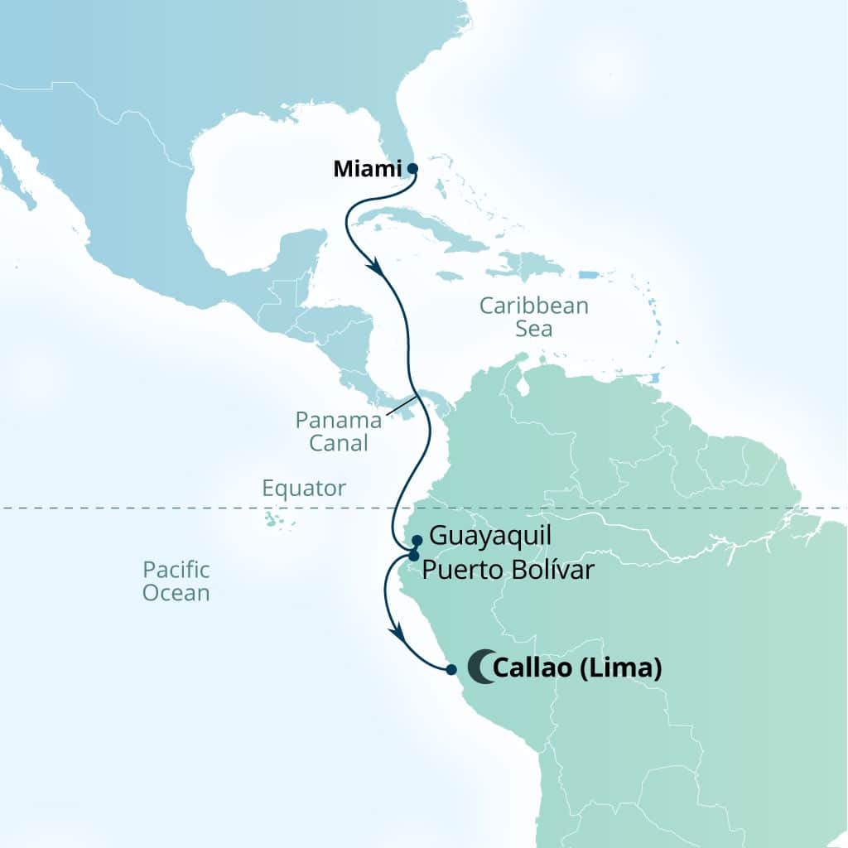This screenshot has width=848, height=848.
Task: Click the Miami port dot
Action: pyautogui.click(x=412, y=168)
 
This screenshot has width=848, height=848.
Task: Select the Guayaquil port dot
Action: pyautogui.click(x=417, y=540)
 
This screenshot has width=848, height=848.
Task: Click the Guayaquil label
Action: pyautogui.click(x=489, y=536)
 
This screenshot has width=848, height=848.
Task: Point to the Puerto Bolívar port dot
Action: pyautogui.click(x=413, y=555)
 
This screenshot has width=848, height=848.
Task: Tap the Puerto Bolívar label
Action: pyautogui.click(x=508, y=571)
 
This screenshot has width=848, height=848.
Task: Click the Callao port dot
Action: pyautogui.click(x=450, y=669)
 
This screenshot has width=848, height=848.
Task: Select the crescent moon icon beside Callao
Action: pyautogui.click(x=479, y=667)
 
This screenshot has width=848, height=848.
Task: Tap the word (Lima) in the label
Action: pyautogui.click(x=620, y=668)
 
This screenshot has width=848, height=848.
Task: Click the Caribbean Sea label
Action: pyautogui.click(x=534, y=316)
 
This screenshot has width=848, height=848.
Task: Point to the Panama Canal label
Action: pyautogui.click(x=339, y=431)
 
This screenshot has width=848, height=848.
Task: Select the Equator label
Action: pyautogui.click(x=304, y=488)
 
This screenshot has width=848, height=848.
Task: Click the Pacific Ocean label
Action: pyautogui.click(x=176, y=581)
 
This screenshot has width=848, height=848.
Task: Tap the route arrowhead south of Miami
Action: pyautogui.click(x=376, y=268)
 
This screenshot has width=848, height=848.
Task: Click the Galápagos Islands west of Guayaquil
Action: pyautogui.click(x=272, y=520)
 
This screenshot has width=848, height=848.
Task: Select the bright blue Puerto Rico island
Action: pyautogui.click(x=588, y=275)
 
